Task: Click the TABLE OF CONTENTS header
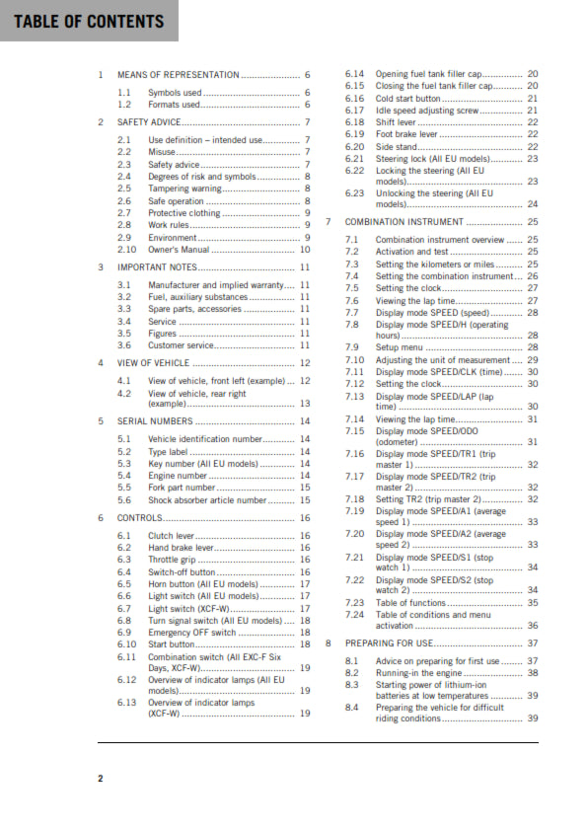[x=89, y=22]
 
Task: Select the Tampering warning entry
[x=184, y=188]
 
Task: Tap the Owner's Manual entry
[x=182, y=251]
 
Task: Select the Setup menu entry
[x=401, y=347]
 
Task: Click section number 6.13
[x=127, y=703]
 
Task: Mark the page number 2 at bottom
[x=100, y=779]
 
